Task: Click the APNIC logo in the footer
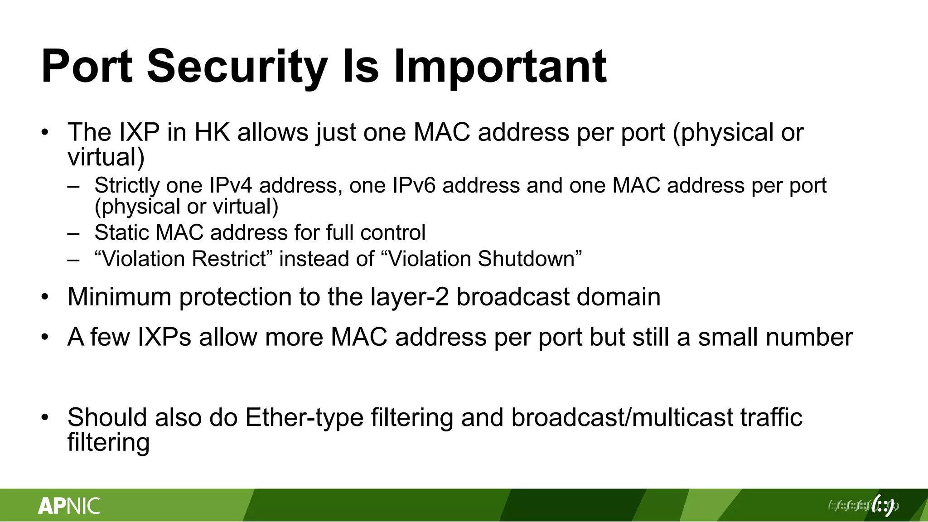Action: pos(69,506)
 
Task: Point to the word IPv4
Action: pos(230,185)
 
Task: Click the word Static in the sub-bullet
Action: pos(121,232)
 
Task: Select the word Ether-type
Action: pos(304,417)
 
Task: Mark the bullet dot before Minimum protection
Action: pos(44,297)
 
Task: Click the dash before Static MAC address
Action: pos(73,233)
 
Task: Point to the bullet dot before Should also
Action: pos(44,418)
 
